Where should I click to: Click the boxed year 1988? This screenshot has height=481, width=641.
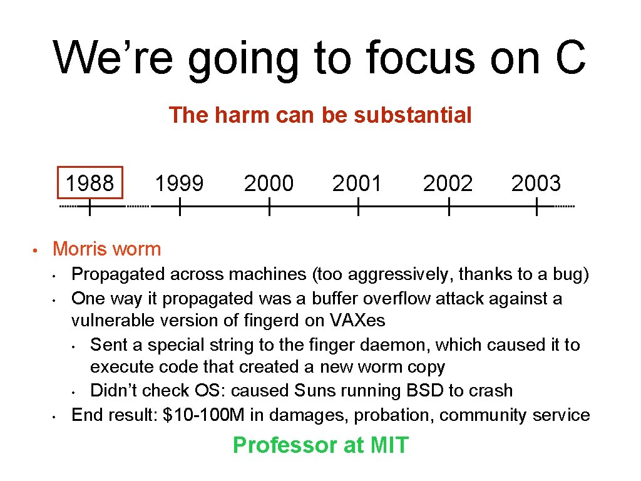point(90,184)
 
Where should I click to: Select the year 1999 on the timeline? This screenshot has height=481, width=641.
point(179,184)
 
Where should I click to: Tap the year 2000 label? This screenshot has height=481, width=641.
point(269,184)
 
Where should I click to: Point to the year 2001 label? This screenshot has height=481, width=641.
point(357,184)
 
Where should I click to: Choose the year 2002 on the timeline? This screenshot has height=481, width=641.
point(448,184)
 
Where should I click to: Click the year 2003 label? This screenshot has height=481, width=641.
point(536,184)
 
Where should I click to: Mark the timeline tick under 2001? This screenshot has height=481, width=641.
point(357,207)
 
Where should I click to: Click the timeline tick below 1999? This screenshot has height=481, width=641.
point(179,207)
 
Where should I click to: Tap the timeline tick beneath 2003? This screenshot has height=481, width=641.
point(537,207)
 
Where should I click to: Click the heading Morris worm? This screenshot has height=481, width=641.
point(107,249)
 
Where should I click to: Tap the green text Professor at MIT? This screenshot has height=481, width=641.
point(320,445)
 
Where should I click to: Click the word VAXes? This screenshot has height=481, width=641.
point(357,321)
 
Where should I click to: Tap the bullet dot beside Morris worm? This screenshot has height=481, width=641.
point(37,251)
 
